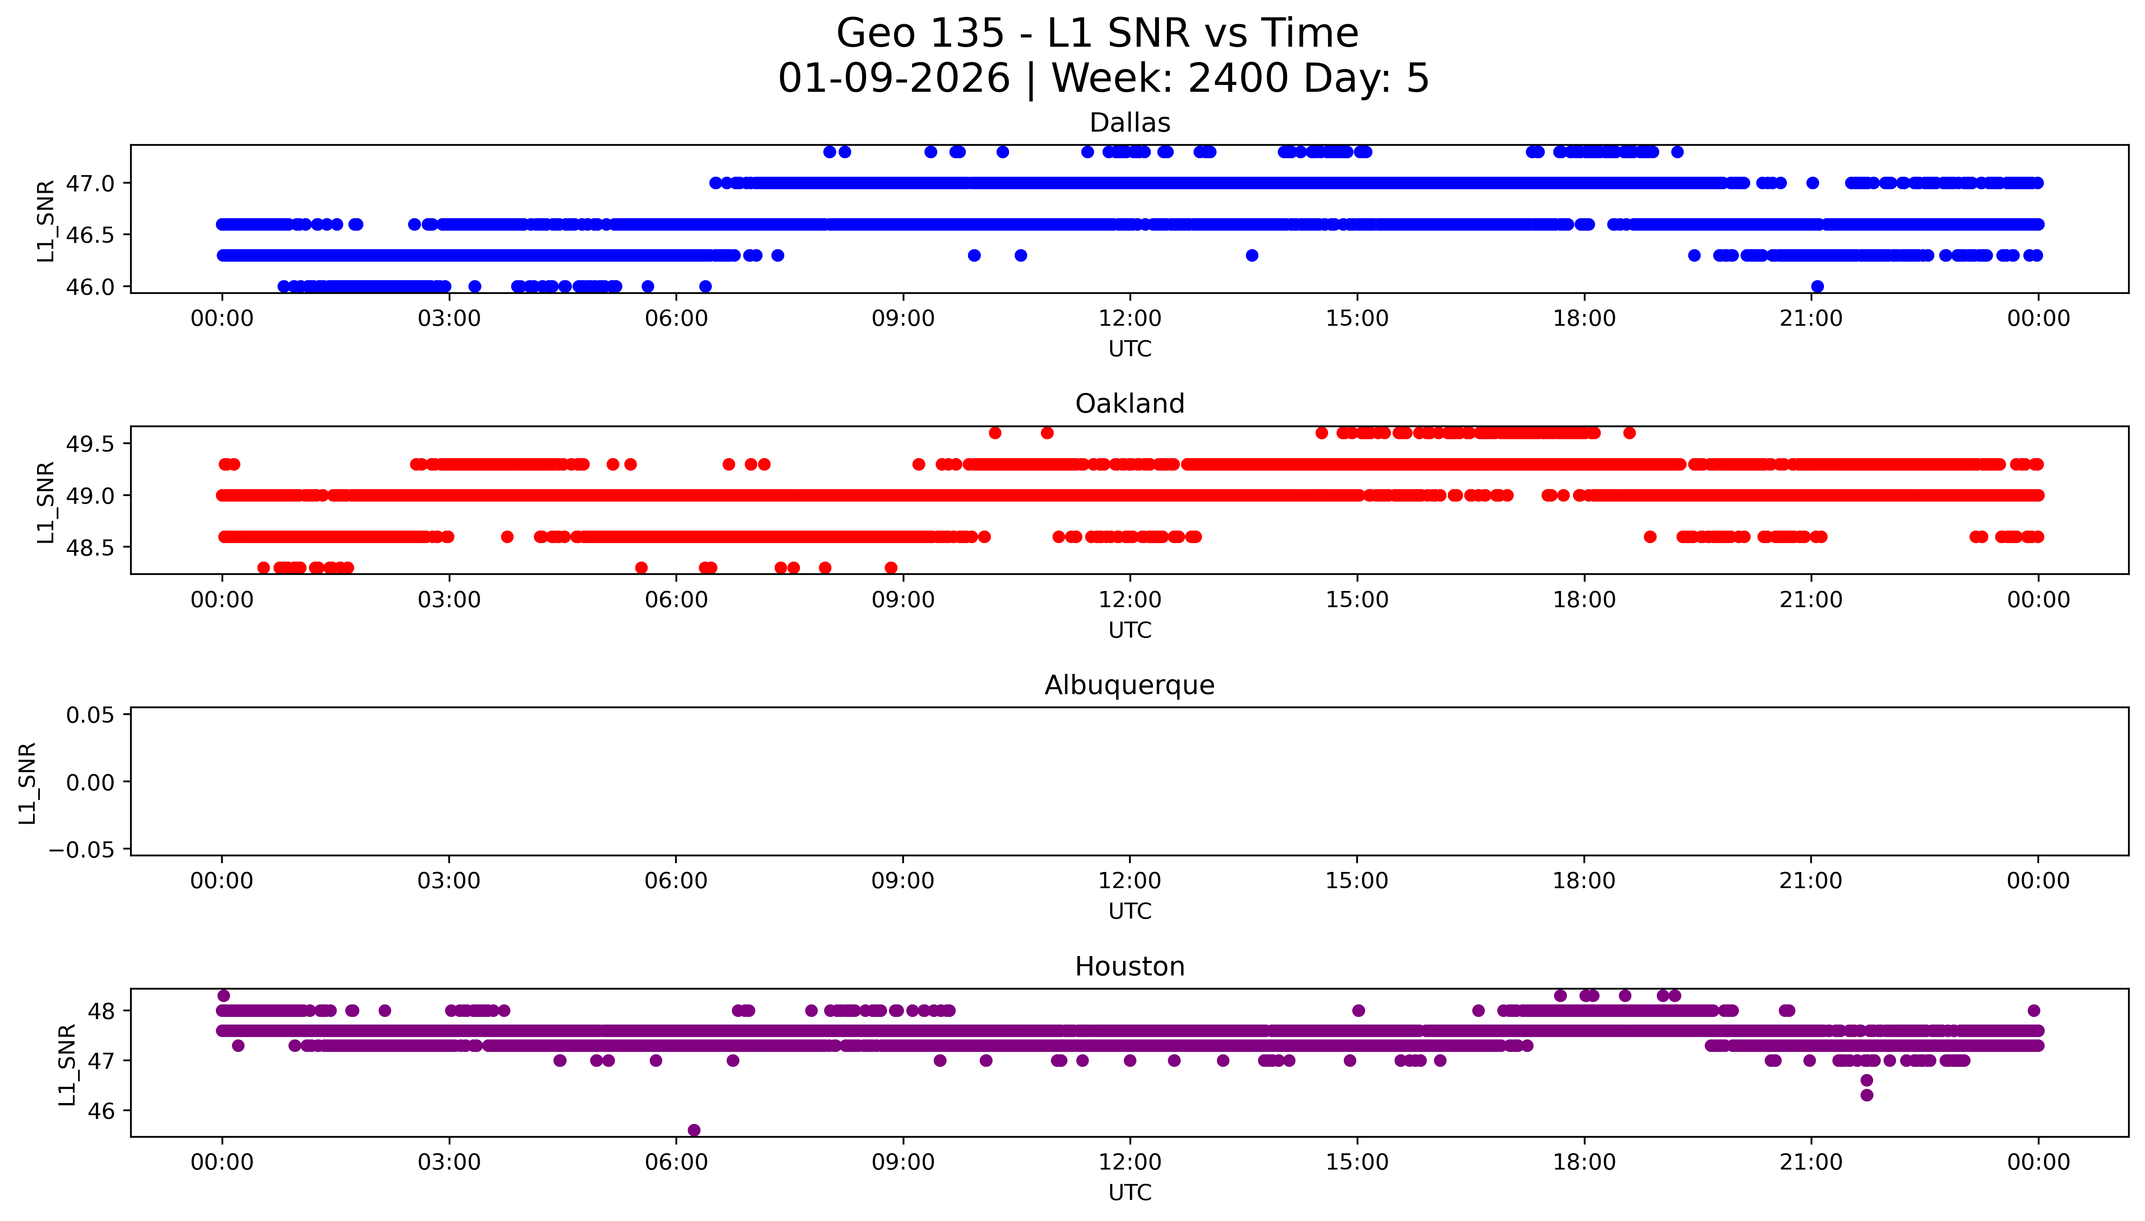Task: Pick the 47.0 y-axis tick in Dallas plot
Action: [90, 183]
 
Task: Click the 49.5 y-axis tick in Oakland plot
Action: [90, 444]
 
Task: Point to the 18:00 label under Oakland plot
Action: [1584, 599]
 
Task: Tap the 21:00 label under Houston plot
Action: [1811, 1162]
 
